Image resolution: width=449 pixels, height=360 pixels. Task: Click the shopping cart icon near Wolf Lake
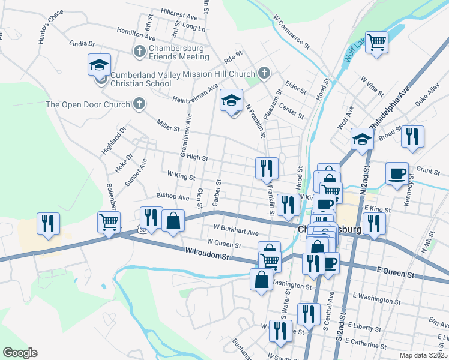[376, 43]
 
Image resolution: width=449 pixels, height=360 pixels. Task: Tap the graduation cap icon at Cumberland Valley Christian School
[99, 65]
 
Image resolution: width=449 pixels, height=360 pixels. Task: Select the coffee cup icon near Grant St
[397, 174]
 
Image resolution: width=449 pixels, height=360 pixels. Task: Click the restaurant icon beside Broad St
[412, 136]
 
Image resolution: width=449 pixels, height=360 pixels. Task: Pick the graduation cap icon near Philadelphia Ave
[362, 139]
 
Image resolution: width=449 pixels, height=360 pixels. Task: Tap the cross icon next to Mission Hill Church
[263, 74]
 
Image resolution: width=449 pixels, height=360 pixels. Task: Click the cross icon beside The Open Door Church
[138, 104]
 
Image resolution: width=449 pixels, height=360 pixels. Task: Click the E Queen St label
[394, 274]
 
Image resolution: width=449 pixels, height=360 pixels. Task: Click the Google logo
[20, 352]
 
